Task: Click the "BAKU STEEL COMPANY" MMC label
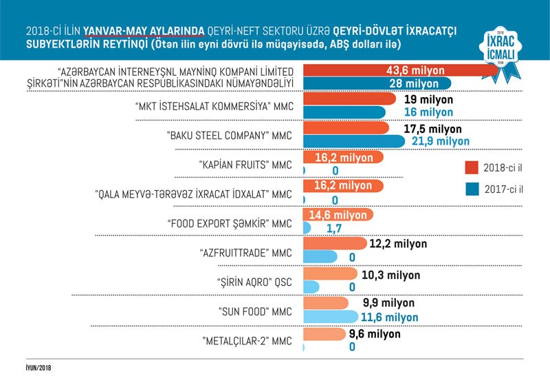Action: (225, 136)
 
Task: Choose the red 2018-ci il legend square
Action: (472, 167)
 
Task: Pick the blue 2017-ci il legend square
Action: (472, 188)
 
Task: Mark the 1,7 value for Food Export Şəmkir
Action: (335, 228)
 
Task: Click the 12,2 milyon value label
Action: (398, 244)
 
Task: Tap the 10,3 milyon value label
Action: (391, 275)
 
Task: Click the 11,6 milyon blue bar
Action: (330, 317)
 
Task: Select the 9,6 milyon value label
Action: (375, 334)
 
